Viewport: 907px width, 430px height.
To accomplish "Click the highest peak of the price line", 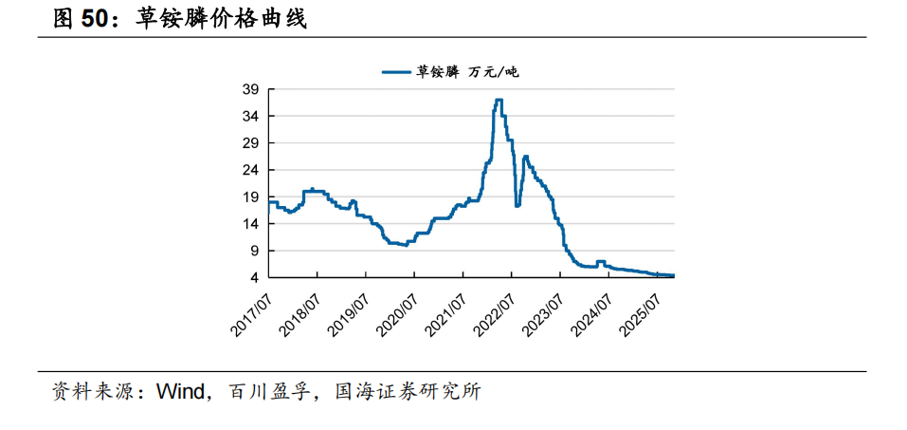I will click(499, 100).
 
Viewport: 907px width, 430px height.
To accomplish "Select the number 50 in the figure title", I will click(94, 19).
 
